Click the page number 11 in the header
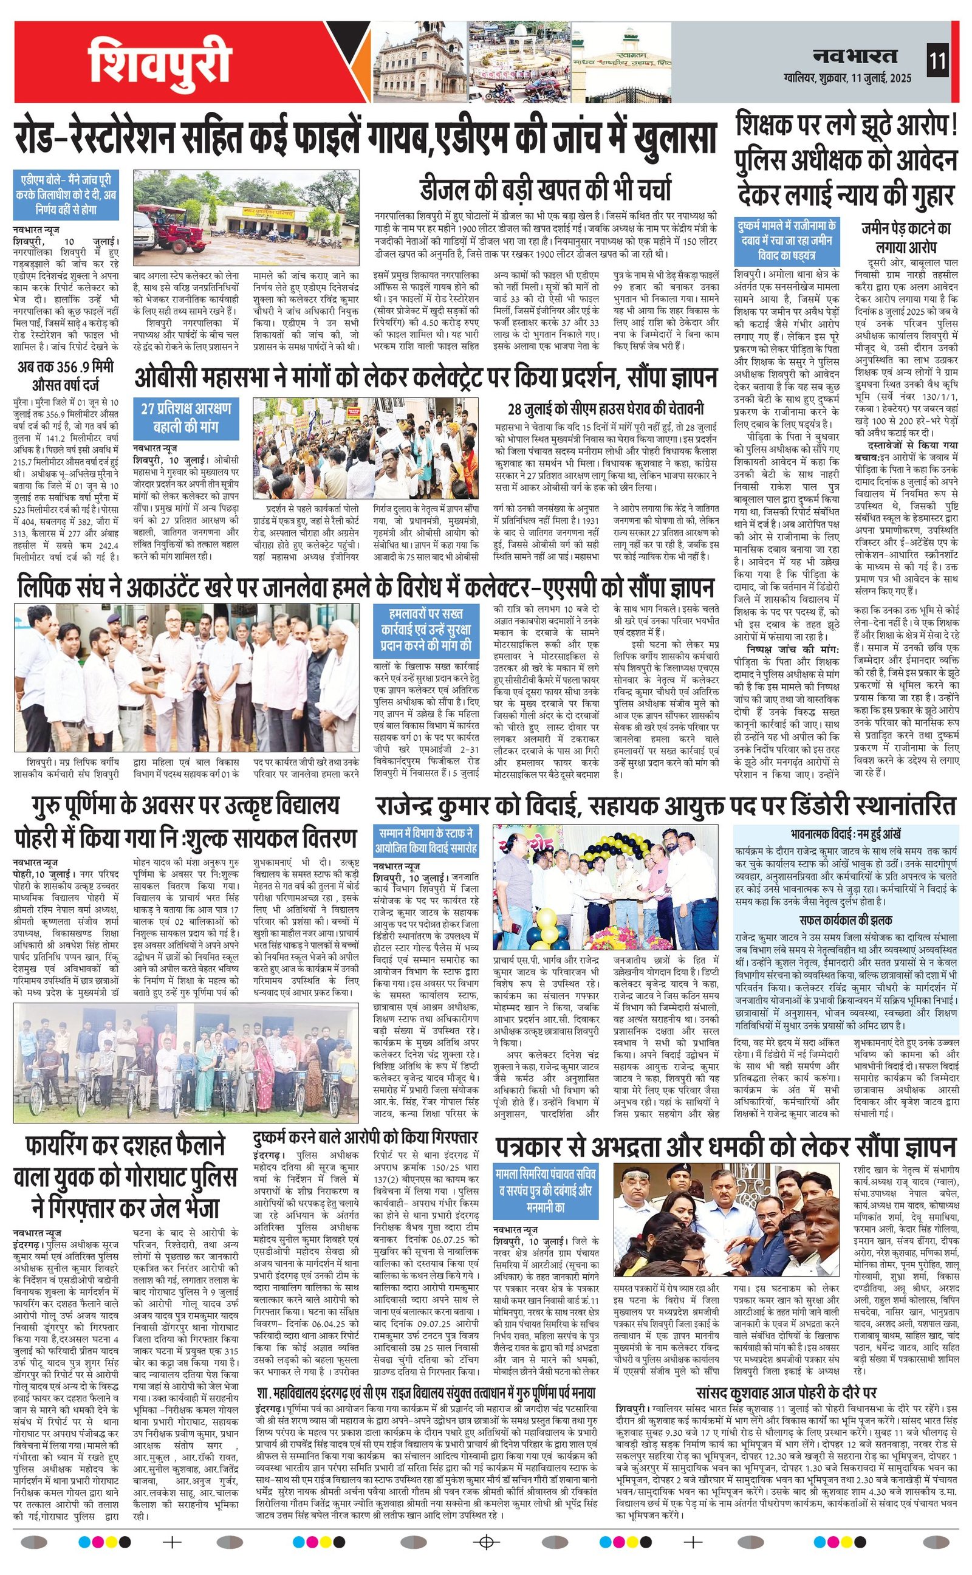(x=937, y=62)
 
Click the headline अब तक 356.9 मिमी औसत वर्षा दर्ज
(x=66, y=377)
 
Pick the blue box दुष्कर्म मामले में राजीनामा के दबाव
(x=785, y=241)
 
